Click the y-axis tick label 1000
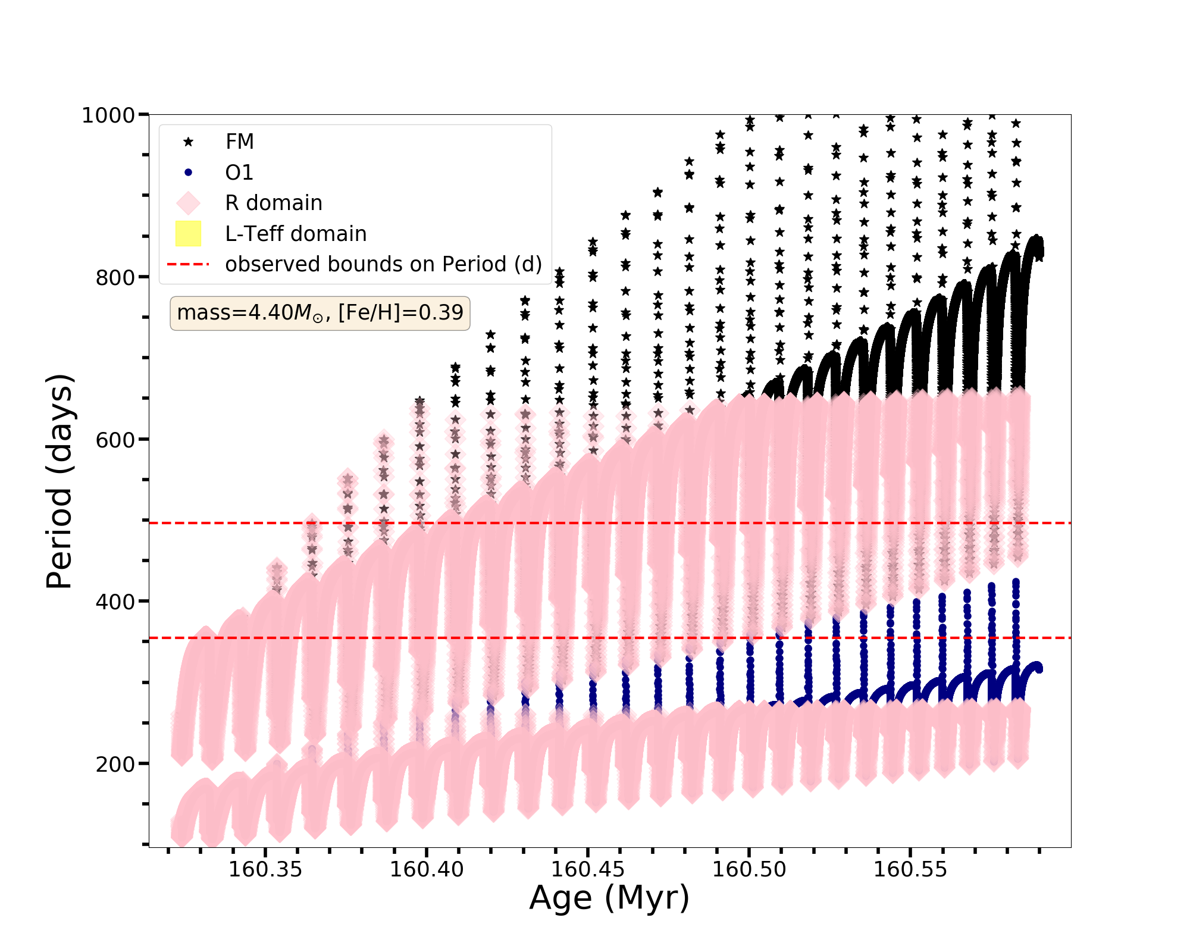pyautogui.click(x=108, y=115)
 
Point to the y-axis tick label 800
pyautogui.click(x=115, y=278)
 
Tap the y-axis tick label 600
pyautogui.click(x=115, y=440)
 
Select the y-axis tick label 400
pyautogui.click(x=115, y=602)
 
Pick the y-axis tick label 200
pyautogui.click(x=115, y=765)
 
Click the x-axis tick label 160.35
pyautogui.click(x=265, y=870)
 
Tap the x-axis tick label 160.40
pyautogui.click(x=427, y=870)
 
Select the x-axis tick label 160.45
pyautogui.click(x=588, y=870)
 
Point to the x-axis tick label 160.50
pyautogui.click(x=749, y=870)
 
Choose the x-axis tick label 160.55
pyautogui.click(x=910, y=870)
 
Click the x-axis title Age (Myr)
pyautogui.click(x=609, y=898)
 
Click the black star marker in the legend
pyautogui.click(x=189, y=142)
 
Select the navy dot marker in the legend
pyautogui.click(x=189, y=173)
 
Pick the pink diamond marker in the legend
pyautogui.click(x=189, y=203)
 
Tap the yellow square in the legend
pyautogui.click(x=189, y=234)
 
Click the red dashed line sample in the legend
pyautogui.click(x=189, y=264)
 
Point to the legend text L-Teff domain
pyautogui.click(x=296, y=234)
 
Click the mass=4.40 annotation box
pyautogui.click(x=320, y=313)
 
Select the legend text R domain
pyautogui.click(x=274, y=203)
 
